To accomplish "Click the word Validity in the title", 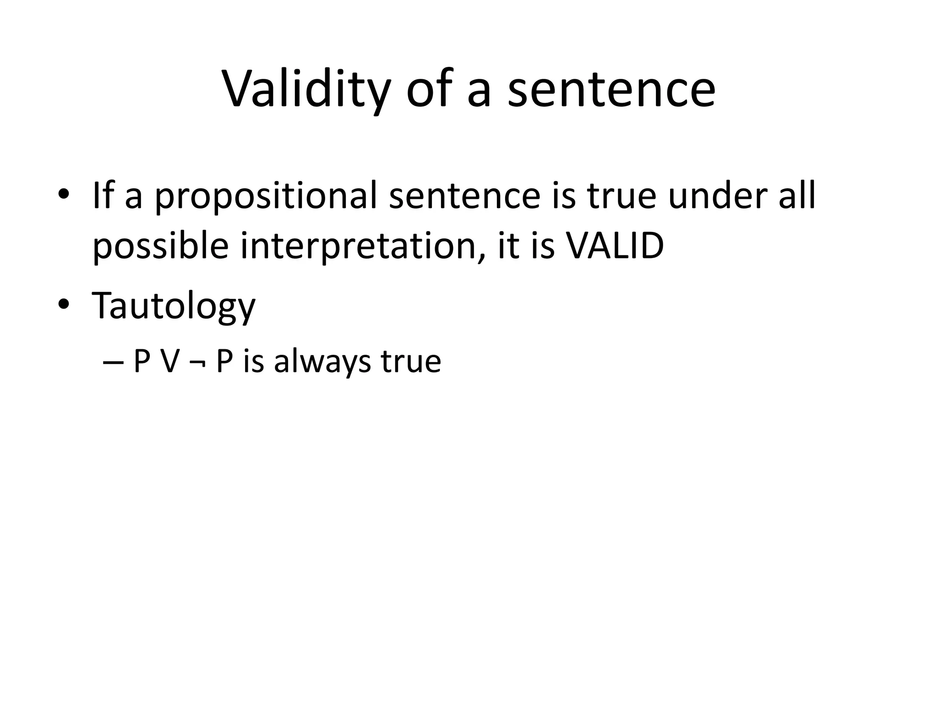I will [306, 89].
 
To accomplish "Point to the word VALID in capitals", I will [615, 246].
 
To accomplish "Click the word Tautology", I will [174, 306].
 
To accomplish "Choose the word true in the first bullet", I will [621, 196].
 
